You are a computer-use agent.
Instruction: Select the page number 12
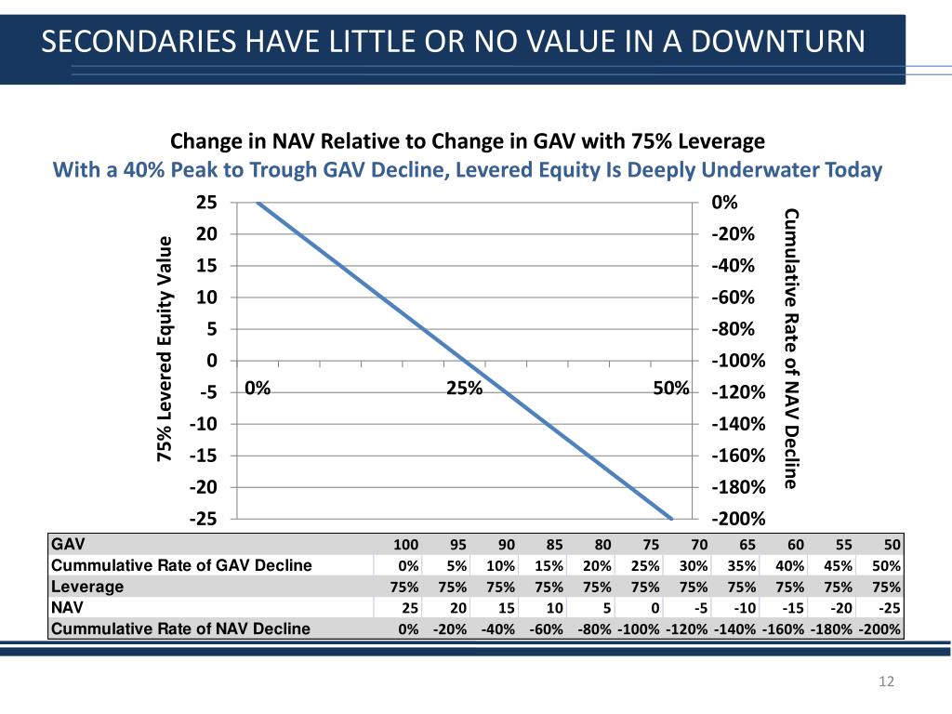[886, 683]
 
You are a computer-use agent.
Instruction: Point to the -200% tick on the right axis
[737, 520]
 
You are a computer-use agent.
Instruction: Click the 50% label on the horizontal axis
[670, 389]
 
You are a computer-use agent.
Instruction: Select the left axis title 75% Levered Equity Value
[165, 350]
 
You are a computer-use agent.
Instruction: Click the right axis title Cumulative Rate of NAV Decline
[791, 349]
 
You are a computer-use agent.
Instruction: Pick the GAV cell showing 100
[406, 545]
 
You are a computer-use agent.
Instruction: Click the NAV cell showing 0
[654, 607]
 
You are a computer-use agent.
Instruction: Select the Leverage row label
[87, 587]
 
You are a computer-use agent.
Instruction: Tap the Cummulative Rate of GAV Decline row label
[181, 565]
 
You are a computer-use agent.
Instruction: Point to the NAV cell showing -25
[889, 607]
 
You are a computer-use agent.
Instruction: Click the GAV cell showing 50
[892, 545]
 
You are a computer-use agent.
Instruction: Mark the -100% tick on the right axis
[737, 361]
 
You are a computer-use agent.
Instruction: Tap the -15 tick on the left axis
[204, 456]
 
